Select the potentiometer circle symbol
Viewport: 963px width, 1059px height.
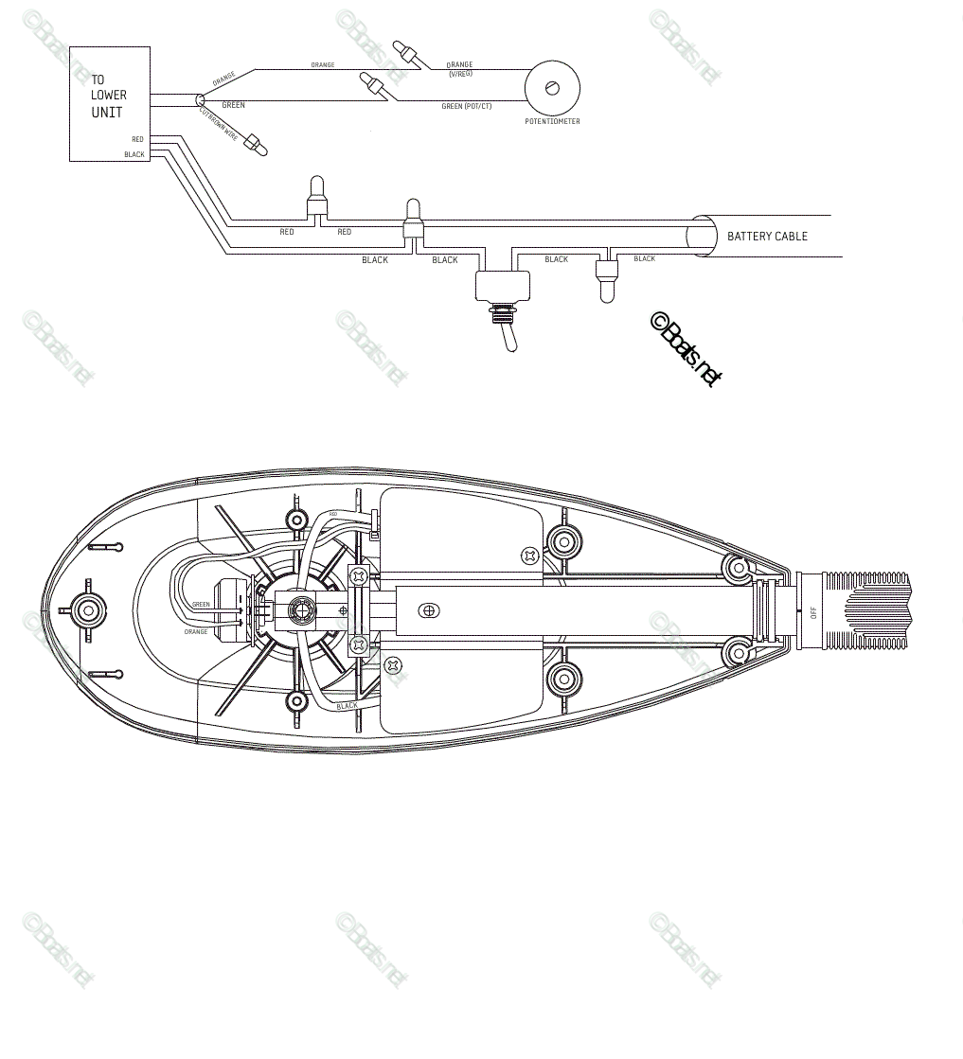pyautogui.click(x=551, y=88)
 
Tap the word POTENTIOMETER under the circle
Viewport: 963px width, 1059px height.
pyautogui.click(x=552, y=122)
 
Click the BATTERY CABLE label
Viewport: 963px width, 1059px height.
pyautogui.click(x=767, y=236)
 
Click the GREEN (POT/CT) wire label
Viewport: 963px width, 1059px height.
pyautogui.click(x=466, y=106)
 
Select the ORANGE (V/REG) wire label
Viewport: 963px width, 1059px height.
pyautogui.click(x=459, y=68)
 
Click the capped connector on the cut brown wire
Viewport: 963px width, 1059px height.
pyautogui.click(x=254, y=145)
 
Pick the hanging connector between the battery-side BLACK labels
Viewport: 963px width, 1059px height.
pyautogui.click(x=603, y=279)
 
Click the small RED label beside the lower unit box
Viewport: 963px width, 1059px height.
pyautogui.click(x=137, y=140)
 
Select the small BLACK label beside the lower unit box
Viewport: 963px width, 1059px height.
pyautogui.click(x=134, y=154)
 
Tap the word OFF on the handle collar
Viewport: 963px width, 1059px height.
pyautogui.click(x=812, y=611)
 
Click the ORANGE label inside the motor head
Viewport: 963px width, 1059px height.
pyautogui.click(x=196, y=631)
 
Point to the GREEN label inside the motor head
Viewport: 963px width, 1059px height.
pyautogui.click(x=201, y=604)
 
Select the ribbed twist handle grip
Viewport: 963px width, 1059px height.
pyautogui.click(x=866, y=610)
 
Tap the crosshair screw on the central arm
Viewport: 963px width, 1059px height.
pyautogui.click(x=430, y=610)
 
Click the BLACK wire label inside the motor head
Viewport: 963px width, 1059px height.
pyautogui.click(x=348, y=706)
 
